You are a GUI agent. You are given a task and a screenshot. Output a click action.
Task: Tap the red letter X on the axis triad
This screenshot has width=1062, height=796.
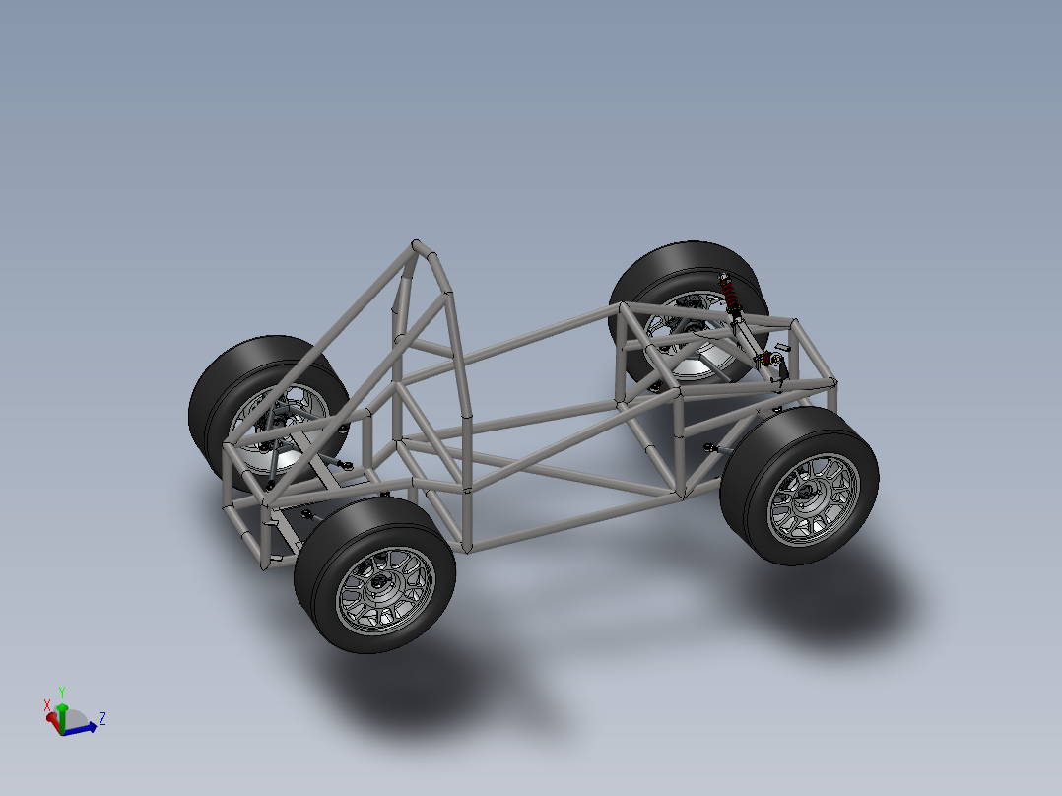click(x=47, y=705)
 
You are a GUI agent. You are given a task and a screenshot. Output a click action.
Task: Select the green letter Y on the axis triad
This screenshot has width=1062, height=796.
click(x=62, y=692)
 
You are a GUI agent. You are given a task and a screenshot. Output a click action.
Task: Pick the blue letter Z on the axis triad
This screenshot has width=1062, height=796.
click(x=102, y=718)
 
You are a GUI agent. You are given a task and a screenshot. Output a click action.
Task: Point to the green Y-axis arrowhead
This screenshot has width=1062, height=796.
click(x=62, y=708)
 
